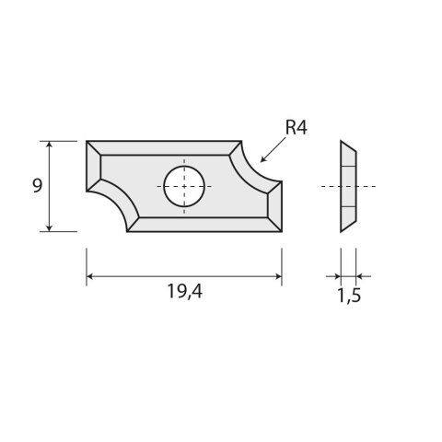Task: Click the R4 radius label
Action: [294, 129]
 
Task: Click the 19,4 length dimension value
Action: [183, 296]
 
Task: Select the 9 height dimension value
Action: [37, 185]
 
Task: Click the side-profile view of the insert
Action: [348, 186]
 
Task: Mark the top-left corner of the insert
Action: [87, 142]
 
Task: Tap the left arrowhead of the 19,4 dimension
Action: [90, 275]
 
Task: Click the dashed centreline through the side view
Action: [368, 186]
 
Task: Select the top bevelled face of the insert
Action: [166, 148]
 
